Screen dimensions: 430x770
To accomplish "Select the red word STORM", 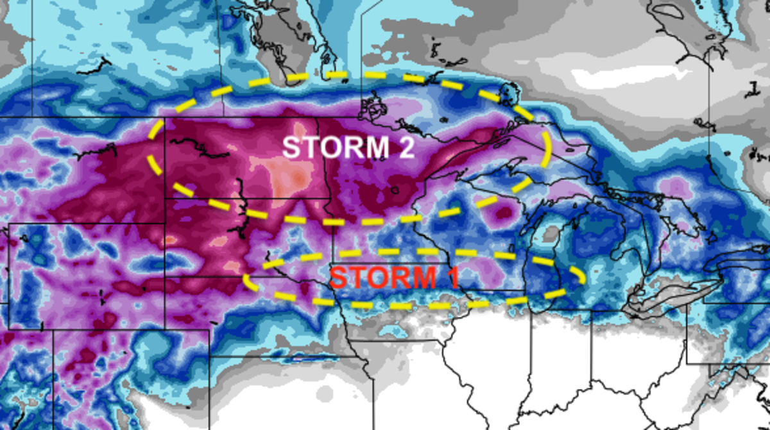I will coord(376,277).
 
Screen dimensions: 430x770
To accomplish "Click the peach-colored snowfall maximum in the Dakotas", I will coord(289,176).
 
